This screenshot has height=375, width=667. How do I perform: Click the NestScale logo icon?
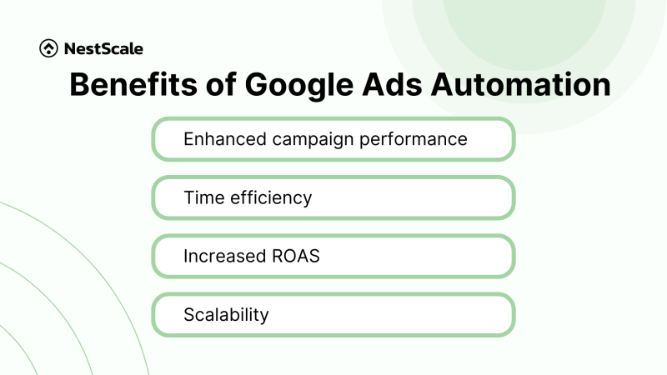(x=48, y=49)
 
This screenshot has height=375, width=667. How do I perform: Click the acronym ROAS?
(x=293, y=256)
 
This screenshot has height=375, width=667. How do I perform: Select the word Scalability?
(x=226, y=315)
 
